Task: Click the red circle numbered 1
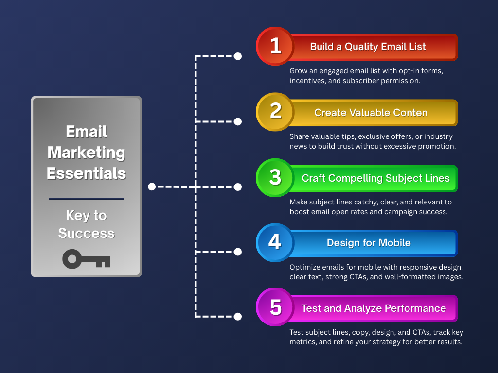[x=275, y=46]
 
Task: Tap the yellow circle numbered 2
[x=275, y=112]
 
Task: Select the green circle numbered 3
[x=275, y=178]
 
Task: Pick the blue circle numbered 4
[x=275, y=243]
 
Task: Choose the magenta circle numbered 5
[x=275, y=307]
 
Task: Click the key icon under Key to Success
[x=87, y=259]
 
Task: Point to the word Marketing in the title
[x=87, y=153]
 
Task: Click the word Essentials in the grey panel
[x=87, y=173]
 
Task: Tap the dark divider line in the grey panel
[x=87, y=199]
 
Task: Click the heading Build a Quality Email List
[x=368, y=47]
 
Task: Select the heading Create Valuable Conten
[x=371, y=113]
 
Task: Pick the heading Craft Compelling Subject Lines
[x=376, y=178]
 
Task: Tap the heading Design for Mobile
[x=369, y=243]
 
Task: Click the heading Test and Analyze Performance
[x=373, y=308]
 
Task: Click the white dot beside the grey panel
[x=152, y=187]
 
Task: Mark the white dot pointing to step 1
[x=237, y=56]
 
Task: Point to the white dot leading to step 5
[x=237, y=316]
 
